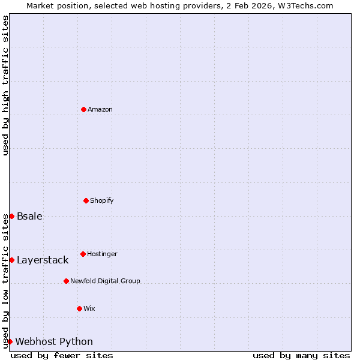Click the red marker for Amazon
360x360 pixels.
83,109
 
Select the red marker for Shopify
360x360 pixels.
86,200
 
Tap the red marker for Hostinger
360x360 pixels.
83,254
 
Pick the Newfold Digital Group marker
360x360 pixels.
66,281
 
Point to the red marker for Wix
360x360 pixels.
79,308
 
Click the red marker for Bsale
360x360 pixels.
11,216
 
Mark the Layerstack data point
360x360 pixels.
11,260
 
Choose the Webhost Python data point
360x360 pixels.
10,341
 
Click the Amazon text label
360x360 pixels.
100,109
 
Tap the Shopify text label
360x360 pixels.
102,200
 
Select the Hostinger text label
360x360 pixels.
102,254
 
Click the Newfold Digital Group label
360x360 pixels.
105,281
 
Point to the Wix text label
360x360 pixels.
89,308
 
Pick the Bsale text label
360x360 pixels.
29,216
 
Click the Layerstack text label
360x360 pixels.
43,260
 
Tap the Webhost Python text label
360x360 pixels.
54,341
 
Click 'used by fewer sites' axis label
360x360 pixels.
62,355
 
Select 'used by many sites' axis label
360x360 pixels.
301,355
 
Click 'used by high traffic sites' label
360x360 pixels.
5,85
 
